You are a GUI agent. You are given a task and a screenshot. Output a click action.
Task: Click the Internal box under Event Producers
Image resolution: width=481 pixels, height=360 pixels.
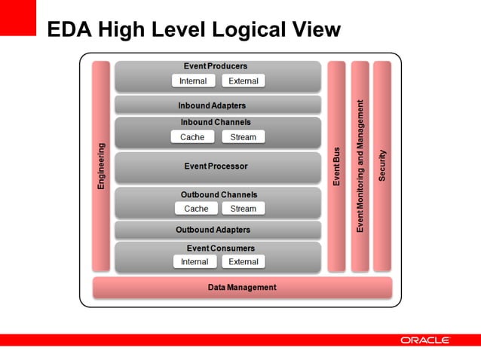coord(194,81)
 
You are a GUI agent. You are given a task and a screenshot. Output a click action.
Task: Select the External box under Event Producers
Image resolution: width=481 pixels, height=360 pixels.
coord(243,81)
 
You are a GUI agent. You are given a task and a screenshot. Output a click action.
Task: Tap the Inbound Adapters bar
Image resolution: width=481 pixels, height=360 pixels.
coord(218,105)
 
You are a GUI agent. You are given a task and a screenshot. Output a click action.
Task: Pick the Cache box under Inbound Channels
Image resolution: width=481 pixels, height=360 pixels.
coord(192,137)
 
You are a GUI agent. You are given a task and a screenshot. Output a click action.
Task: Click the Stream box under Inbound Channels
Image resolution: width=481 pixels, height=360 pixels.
coord(243,137)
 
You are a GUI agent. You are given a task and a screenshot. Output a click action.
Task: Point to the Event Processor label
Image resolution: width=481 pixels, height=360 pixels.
coord(216,166)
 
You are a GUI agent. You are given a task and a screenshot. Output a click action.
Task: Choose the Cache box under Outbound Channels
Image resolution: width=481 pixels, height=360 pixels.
coord(196,209)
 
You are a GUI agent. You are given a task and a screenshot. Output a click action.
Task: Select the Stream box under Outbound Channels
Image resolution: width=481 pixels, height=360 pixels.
coord(243,209)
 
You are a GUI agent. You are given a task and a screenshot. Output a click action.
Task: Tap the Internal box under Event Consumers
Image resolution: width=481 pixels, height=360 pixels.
coord(195,262)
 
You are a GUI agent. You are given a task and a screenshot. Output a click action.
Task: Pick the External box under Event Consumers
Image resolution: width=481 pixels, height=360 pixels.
coord(243,262)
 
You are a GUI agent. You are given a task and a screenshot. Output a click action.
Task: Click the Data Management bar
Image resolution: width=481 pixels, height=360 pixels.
coord(242,288)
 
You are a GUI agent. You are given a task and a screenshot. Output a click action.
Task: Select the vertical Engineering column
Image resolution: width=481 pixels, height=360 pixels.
coord(101,166)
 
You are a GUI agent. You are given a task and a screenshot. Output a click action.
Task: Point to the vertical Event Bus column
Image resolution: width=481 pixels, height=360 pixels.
coord(336,166)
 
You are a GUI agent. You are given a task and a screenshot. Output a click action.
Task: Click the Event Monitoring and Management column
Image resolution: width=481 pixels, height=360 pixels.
coord(360,166)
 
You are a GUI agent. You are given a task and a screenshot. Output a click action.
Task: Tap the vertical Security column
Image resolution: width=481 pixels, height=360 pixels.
coord(382,166)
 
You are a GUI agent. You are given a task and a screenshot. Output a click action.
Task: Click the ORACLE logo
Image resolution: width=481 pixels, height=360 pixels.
coord(424,340)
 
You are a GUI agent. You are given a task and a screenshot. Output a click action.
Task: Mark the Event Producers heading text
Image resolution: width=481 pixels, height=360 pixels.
coord(216,66)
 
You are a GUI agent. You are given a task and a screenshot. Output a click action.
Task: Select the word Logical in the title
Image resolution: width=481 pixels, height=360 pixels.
coord(249,30)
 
